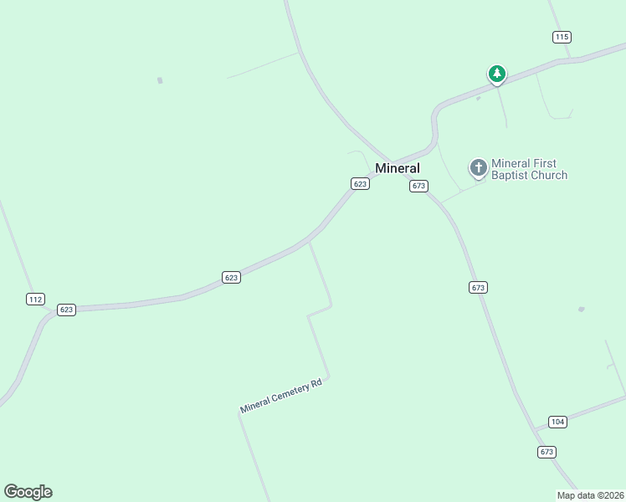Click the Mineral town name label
pyautogui.click(x=397, y=168)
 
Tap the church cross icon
pyautogui.click(x=478, y=169)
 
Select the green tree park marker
pyautogui.click(x=497, y=74)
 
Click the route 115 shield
pyautogui.click(x=562, y=37)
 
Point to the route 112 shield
pyautogui.click(x=35, y=299)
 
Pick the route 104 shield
pyautogui.click(x=558, y=422)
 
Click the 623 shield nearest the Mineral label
pyautogui.click(x=360, y=184)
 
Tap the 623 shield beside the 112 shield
pyautogui.click(x=67, y=310)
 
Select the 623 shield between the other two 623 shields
pyautogui.click(x=232, y=277)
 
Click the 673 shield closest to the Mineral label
pyautogui.click(x=419, y=186)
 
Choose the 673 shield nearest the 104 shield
pyautogui.click(x=546, y=452)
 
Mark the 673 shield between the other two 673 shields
pyautogui.click(x=478, y=287)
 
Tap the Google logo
pyautogui.click(x=28, y=492)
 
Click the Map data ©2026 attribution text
pyautogui.click(x=590, y=495)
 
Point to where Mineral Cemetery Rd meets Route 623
pyautogui.click(x=309, y=242)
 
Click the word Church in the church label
pyautogui.click(x=550, y=176)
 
